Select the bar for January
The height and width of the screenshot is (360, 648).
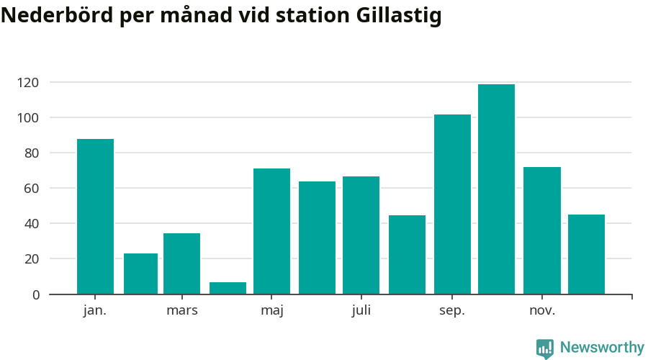pos(95,216)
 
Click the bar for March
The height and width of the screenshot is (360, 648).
pos(181,264)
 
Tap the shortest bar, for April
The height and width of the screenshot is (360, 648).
pos(228,288)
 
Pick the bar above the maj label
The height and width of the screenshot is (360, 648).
pos(271,231)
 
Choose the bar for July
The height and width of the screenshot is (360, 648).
pos(361,235)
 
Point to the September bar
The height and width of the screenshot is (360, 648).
pos(452,204)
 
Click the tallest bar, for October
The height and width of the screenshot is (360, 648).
pos(496,189)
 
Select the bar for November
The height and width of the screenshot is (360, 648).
pos(541,230)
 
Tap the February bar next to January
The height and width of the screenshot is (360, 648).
pos(140,274)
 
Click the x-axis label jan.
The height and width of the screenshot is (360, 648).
pos(95,311)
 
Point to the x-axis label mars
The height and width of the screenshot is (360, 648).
pos(181,311)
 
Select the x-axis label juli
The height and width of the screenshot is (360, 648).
pos(361,311)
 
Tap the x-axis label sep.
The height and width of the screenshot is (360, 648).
pos(452,311)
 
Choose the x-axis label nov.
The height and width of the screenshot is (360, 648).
pos(542,311)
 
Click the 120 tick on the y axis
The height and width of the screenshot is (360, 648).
pos(28,83)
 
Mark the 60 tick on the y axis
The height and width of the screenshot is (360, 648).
pos(31,189)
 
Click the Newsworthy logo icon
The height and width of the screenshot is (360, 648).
pos(545,348)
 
